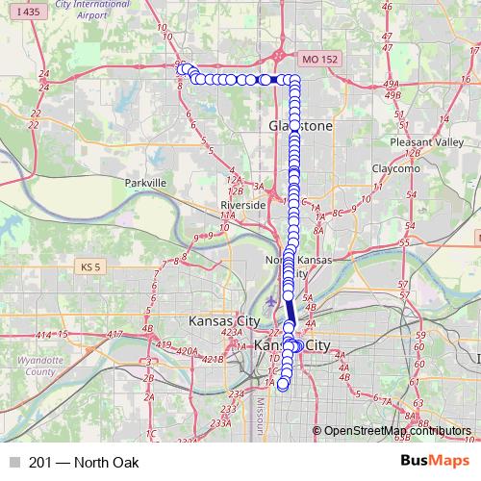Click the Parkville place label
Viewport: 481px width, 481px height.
point(146,182)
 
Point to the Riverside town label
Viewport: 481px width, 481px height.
point(242,206)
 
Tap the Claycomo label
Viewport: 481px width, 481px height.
point(395,168)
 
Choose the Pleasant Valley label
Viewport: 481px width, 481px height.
point(414,141)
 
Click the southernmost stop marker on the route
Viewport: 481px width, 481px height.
point(283,385)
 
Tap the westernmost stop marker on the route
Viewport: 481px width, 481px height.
point(181,68)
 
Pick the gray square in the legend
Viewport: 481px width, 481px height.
point(13,463)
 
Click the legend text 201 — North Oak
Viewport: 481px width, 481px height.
point(85,463)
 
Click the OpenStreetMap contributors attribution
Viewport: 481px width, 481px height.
point(396,432)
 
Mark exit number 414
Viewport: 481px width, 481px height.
point(42,334)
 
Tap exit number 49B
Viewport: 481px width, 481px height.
point(392,95)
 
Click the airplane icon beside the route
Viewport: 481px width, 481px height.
point(273,301)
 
